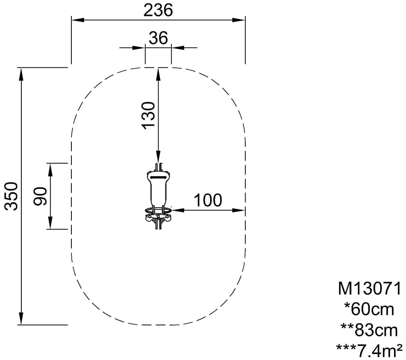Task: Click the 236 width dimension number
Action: (158, 11)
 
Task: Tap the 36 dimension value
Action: (158, 38)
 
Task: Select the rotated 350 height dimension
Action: (11, 196)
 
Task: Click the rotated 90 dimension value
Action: (40, 196)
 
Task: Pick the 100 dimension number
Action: (208, 200)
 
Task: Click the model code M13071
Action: (370, 289)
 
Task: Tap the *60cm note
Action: (369, 309)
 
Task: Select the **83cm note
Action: (369, 330)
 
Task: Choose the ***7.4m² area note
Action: (369, 350)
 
